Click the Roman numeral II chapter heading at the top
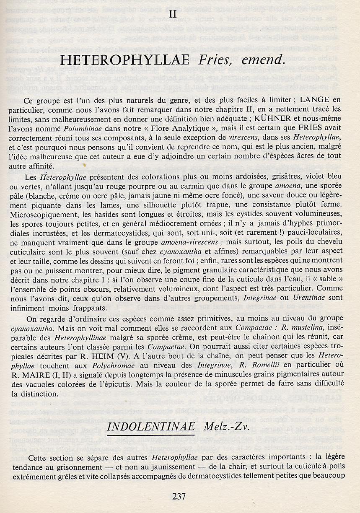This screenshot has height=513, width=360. [172, 14]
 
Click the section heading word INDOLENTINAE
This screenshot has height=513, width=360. [151, 427]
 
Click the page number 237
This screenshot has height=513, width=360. [179, 496]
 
